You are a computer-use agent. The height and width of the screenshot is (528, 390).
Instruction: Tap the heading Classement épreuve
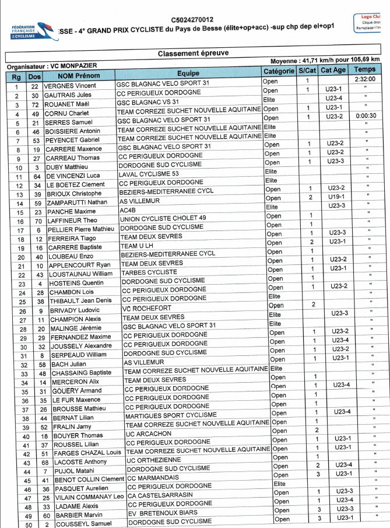pos(193,53)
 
